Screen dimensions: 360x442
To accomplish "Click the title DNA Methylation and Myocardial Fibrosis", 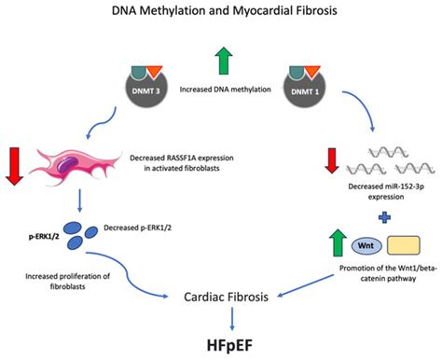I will pyautogui.click(x=221, y=11).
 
